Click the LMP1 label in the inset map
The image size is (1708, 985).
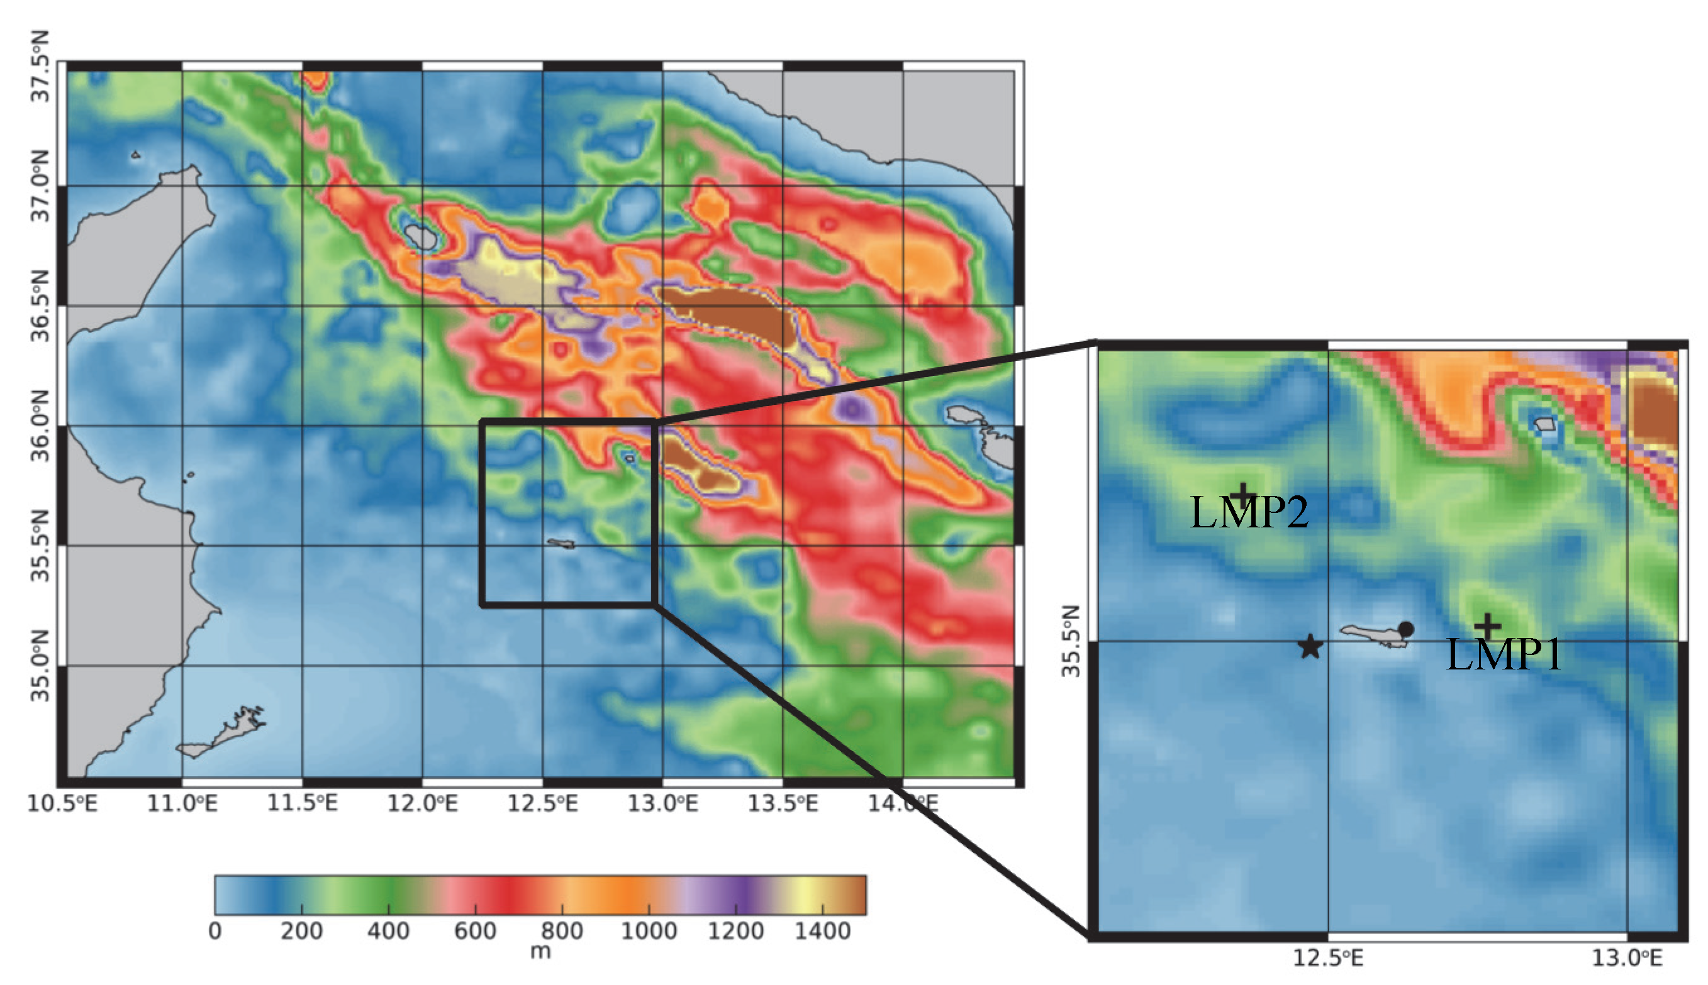point(1503,654)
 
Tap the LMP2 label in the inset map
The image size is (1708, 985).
point(1249,512)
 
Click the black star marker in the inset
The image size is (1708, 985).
point(1310,647)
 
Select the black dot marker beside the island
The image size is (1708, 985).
point(1406,629)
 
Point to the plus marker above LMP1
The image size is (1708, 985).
point(1487,627)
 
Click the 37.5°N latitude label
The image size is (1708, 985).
point(41,66)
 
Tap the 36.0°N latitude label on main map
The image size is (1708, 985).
point(41,426)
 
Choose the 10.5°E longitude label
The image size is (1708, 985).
point(62,804)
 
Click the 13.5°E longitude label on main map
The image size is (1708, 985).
point(783,804)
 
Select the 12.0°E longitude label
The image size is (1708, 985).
point(422,804)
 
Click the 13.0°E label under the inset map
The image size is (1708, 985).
point(1627,958)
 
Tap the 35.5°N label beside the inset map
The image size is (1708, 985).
point(1071,641)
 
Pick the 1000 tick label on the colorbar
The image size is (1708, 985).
point(649,932)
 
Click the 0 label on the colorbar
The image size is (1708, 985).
point(215,932)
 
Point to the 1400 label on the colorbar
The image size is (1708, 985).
point(822,932)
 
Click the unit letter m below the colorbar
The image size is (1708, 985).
point(540,952)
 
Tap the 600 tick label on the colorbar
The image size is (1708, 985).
point(475,932)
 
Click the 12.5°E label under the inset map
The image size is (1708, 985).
point(1328,958)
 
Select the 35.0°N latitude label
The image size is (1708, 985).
point(41,666)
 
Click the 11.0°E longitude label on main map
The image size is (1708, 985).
point(182,804)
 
